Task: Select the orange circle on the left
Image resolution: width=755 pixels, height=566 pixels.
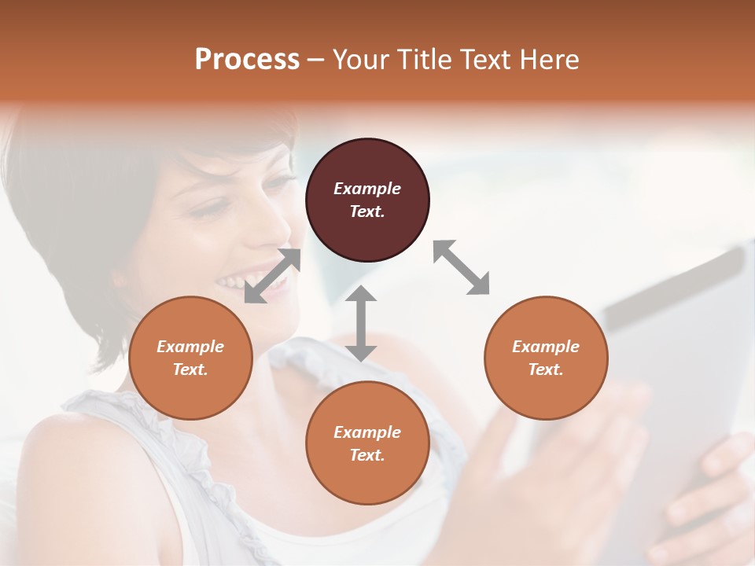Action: pos(190,358)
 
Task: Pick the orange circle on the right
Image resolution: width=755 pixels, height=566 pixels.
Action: pos(546,358)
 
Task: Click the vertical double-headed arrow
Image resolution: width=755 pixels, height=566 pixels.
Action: pos(361,323)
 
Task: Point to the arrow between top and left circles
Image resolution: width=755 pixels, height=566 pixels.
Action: pos(273,276)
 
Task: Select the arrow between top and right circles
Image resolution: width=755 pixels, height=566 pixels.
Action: pos(462,267)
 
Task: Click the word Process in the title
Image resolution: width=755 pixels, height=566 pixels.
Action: pos(247,60)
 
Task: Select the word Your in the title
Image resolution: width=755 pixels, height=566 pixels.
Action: pos(359,60)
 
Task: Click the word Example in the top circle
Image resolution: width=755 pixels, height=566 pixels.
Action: pos(367,189)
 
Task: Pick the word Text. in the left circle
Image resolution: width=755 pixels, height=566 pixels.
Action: pos(190,369)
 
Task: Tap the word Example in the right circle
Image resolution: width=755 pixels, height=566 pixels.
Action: pos(546,347)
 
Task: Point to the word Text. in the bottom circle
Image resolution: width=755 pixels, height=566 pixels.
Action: pos(367,455)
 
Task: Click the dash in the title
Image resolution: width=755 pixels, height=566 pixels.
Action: pos(315,61)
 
